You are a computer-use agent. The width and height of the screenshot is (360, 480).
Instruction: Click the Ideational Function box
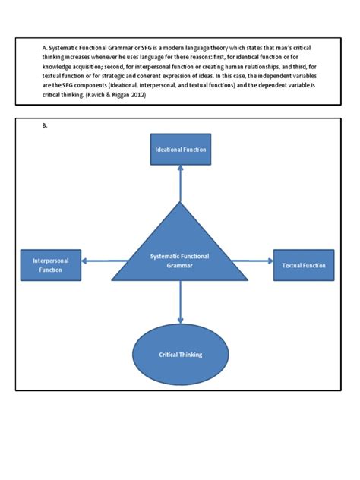click(x=180, y=150)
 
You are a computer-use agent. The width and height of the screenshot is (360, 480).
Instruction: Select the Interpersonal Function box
click(x=51, y=265)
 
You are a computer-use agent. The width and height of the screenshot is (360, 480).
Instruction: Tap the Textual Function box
click(x=303, y=265)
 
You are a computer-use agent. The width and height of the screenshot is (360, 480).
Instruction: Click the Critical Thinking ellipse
click(x=180, y=355)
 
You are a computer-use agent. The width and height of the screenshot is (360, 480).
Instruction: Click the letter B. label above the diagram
click(x=45, y=126)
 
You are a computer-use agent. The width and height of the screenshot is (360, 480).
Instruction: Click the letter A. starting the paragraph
click(x=45, y=47)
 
